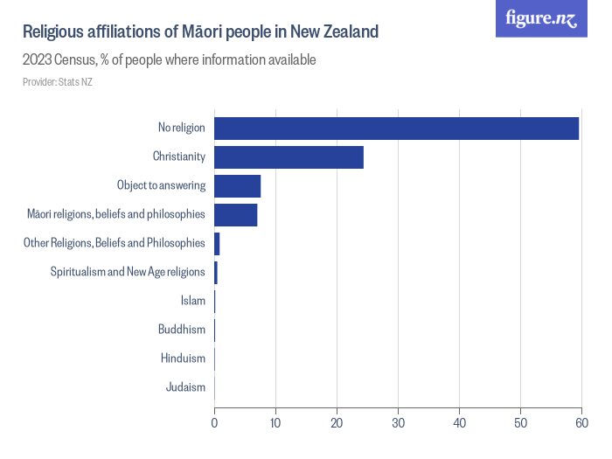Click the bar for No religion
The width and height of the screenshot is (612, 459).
coord(396,128)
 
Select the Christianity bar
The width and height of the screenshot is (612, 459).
coord(289,157)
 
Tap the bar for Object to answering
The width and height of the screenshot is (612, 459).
coord(237,185)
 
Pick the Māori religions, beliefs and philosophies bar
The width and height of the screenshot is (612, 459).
coord(235,214)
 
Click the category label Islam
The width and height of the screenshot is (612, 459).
coord(192,301)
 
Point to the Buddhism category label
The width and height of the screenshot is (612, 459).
coord(182,330)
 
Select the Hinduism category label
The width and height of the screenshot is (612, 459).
coord(183,358)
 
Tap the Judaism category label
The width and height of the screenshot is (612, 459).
coord(185,387)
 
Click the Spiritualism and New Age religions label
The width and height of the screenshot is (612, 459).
coord(128,272)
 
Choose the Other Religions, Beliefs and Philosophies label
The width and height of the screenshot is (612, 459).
coord(115,243)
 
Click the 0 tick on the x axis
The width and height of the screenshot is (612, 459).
coord(214,423)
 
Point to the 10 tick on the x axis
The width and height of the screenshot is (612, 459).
coord(275,423)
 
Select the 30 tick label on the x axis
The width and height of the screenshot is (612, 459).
coord(398,423)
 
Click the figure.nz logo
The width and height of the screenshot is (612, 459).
coord(541,19)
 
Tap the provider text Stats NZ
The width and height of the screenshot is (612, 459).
coord(76,81)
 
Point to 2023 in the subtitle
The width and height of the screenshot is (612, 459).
coord(38,60)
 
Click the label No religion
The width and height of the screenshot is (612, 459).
coord(181,128)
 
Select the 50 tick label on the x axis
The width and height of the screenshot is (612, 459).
coord(520,423)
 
